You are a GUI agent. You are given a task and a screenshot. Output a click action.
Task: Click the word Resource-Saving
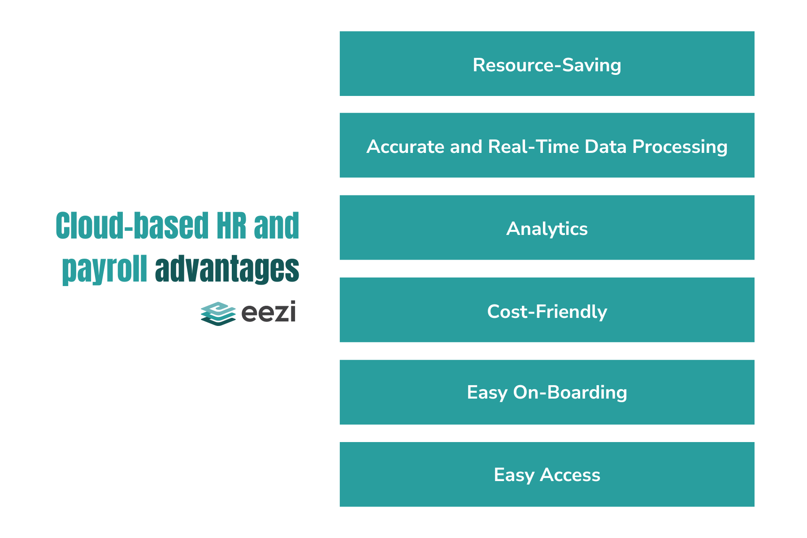point(547,65)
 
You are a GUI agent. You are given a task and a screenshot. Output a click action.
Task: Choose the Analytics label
point(547,229)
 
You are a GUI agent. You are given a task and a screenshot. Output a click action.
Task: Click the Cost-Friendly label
point(547,312)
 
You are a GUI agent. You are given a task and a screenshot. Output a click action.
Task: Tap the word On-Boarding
point(570,393)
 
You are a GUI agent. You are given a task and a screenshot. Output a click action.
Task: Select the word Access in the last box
point(570,475)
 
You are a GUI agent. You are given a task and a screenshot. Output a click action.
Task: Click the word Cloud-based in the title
point(132,226)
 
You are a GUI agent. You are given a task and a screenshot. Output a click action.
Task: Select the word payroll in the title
point(104,269)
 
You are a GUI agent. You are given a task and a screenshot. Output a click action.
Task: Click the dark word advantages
point(227,269)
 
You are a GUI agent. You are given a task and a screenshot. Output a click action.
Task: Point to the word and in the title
point(276,226)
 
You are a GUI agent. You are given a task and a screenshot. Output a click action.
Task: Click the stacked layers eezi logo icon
point(218,313)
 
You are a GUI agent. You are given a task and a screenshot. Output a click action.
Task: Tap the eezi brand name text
point(268,312)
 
